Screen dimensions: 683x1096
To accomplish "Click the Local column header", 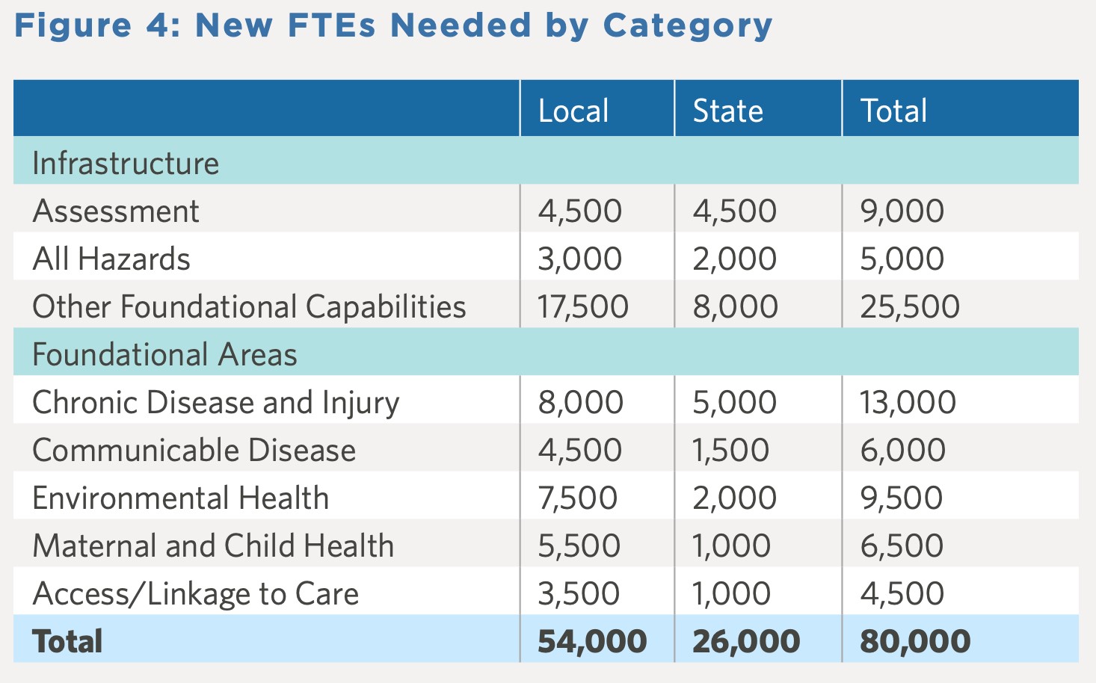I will pyautogui.click(x=573, y=111).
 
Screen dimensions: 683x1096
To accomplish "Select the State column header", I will pyautogui.click(x=727, y=111).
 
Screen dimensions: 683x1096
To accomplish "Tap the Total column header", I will pyautogui.click(x=893, y=111).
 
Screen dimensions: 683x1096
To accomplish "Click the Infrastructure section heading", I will pyautogui.click(x=126, y=164).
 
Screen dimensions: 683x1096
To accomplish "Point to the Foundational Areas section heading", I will pyautogui.click(x=164, y=355).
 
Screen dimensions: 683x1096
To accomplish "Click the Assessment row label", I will pyautogui.click(x=116, y=211).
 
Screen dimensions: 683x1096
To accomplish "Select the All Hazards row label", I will pyautogui.click(x=111, y=259).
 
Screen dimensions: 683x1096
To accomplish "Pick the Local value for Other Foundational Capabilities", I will pyautogui.click(x=583, y=307).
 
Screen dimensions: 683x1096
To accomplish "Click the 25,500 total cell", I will pyautogui.click(x=910, y=307).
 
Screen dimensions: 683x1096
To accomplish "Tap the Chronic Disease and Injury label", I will pyautogui.click(x=215, y=403).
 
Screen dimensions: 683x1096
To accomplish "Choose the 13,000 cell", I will pyautogui.click(x=908, y=403).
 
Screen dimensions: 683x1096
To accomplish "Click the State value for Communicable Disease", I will pyautogui.click(x=730, y=451).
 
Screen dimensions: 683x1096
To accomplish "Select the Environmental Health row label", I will pyautogui.click(x=180, y=498).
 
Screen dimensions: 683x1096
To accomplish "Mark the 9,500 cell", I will pyautogui.click(x=902, y=498).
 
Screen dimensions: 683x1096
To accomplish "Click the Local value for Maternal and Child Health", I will pyautogui.click(x=579, y=546).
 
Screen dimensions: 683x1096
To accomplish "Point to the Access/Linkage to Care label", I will pyautogui.click(x=195, y=594).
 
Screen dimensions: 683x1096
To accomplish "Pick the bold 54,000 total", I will pyautogui.click(x=592, y=642).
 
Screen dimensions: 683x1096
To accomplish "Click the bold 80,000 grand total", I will pyautogui.click(x=915, y=642).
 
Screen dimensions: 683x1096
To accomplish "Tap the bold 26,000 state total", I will pyautogui.click(x=746, y=642).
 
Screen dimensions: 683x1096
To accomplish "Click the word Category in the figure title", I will pyautogui.click(x=687, y=26).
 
